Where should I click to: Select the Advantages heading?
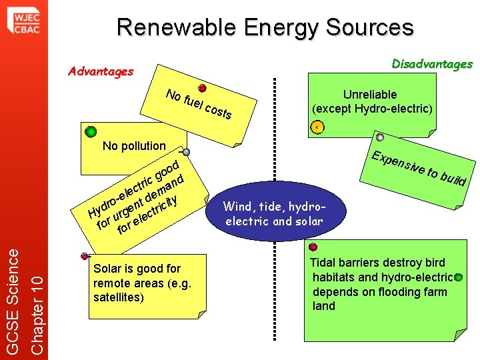tap(101, 71)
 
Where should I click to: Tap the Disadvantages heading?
tap(432, 64)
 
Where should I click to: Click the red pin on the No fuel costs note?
tap(202, 88)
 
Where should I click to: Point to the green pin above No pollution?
tap(91, 132)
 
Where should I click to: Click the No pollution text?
tap(134, 146)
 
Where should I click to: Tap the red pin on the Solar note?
tap(85, 256)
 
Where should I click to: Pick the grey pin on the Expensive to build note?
tap(379, 137)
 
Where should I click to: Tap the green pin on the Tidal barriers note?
tap(459, 278)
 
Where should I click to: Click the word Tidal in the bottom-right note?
tap(324, 263)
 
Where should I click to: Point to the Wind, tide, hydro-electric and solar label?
tap(274, 213)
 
